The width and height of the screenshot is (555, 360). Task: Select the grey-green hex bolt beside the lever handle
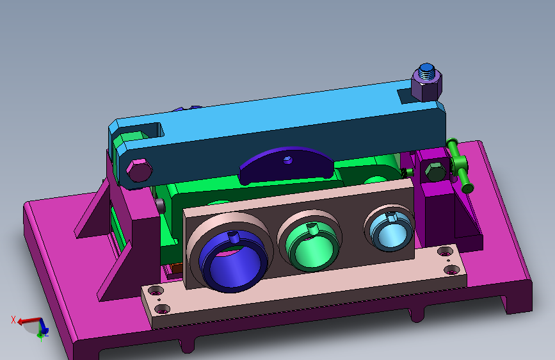pyautogui.click(x=435, y=173)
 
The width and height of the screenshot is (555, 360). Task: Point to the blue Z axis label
pyautogui.click(x=45, y=334)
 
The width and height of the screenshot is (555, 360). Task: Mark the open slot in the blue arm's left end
pyautogui.click(x=150, y=129)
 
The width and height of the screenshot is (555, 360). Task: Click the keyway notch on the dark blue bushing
pyautogui.click(x=234, y=238)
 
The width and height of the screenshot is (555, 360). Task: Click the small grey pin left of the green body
pyautogui.click(x=159, y=205)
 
